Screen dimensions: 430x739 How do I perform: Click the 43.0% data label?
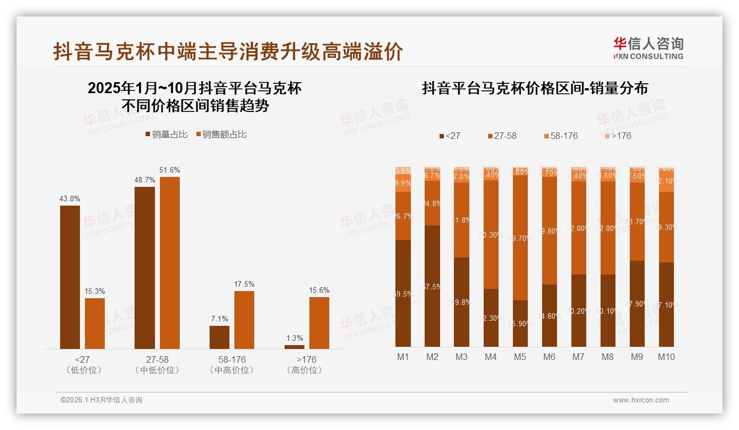pos(70,198)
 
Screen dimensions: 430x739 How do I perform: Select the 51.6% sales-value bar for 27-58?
pos(170,262)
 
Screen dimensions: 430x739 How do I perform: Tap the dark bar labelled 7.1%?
pos(219,337)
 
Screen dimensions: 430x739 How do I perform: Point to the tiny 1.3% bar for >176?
pos(294,347)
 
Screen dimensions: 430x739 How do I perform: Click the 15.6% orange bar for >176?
pos(319,322)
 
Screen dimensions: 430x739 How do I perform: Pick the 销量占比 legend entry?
pos(167,135)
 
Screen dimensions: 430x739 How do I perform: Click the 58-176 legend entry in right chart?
pos(561,136)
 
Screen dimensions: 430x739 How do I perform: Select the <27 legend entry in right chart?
pos(449,136)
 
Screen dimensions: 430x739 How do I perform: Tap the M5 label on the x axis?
pos(520,357)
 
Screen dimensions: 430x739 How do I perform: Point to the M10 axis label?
pos(666,357)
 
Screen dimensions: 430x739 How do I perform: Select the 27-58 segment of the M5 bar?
pos(520,238)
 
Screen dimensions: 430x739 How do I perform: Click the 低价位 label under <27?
pos(84,370)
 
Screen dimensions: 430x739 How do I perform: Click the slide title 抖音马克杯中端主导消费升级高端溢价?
pos(228,52)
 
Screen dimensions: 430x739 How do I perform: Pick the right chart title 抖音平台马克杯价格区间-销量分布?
pos(535,88)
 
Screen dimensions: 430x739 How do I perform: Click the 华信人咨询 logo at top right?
pos(649,49)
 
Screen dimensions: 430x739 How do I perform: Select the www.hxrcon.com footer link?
pos(641,400)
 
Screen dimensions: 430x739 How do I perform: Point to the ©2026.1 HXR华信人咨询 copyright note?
pos(101,400)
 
